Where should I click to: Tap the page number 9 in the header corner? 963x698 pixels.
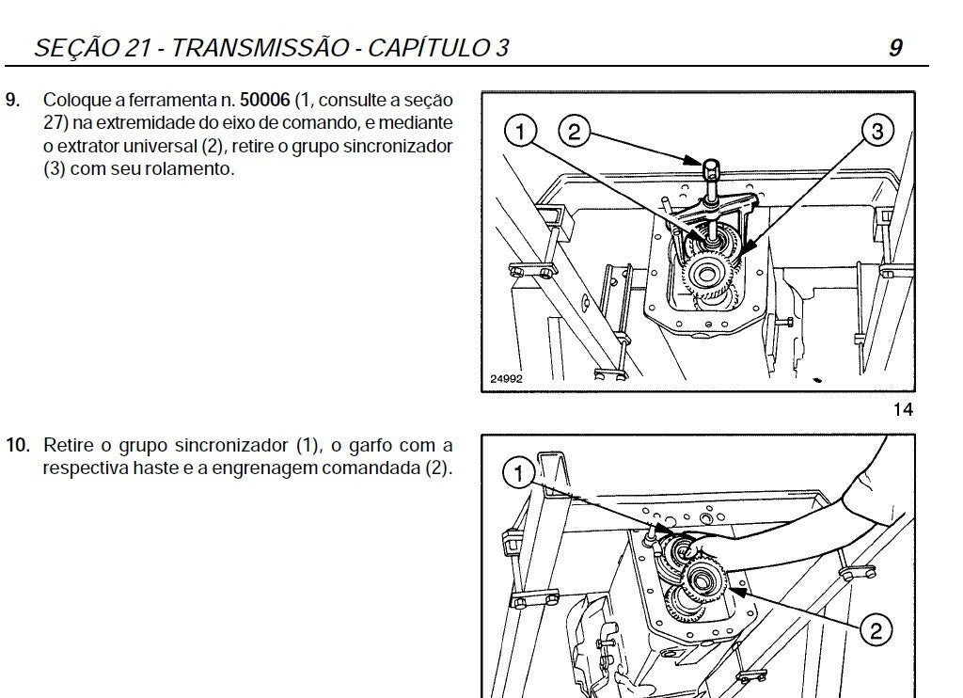coord(896,48)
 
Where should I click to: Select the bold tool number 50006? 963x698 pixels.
coord(264,100)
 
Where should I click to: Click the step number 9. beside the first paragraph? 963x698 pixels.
coord(13,100)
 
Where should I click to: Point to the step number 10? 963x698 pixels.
coord(18,445)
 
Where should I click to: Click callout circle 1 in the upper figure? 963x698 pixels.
coord(520,132)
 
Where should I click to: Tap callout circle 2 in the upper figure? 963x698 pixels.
coord(574,132)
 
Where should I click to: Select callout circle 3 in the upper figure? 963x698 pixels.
coord(877,131)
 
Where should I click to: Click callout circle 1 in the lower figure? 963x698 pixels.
coord(519,474)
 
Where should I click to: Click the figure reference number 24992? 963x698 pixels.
coord(507,379)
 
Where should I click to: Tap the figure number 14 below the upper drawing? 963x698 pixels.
coord(903,410)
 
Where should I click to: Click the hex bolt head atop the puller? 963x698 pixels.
coord(711,167)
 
